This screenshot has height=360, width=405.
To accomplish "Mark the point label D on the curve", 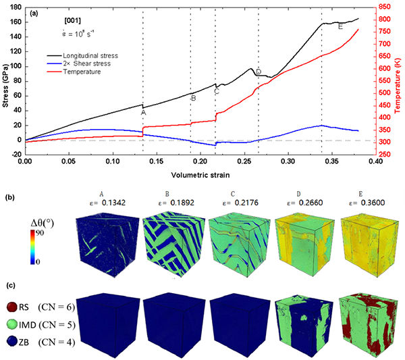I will click(x=258, y=72).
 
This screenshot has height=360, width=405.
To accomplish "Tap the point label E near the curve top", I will click(x=340, y=27).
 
